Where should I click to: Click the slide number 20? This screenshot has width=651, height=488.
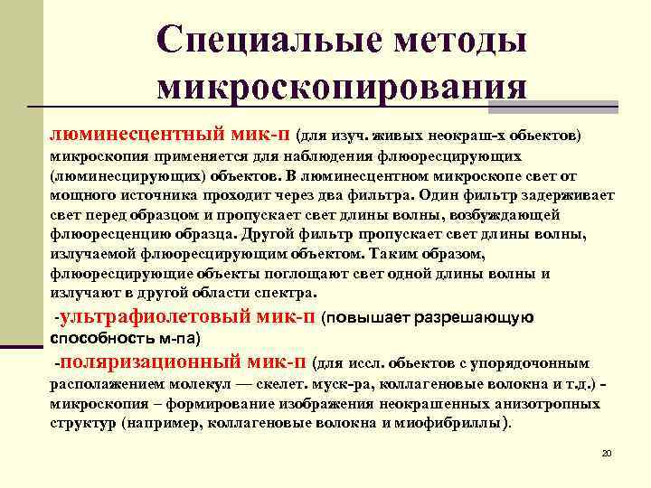coord(607,453)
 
